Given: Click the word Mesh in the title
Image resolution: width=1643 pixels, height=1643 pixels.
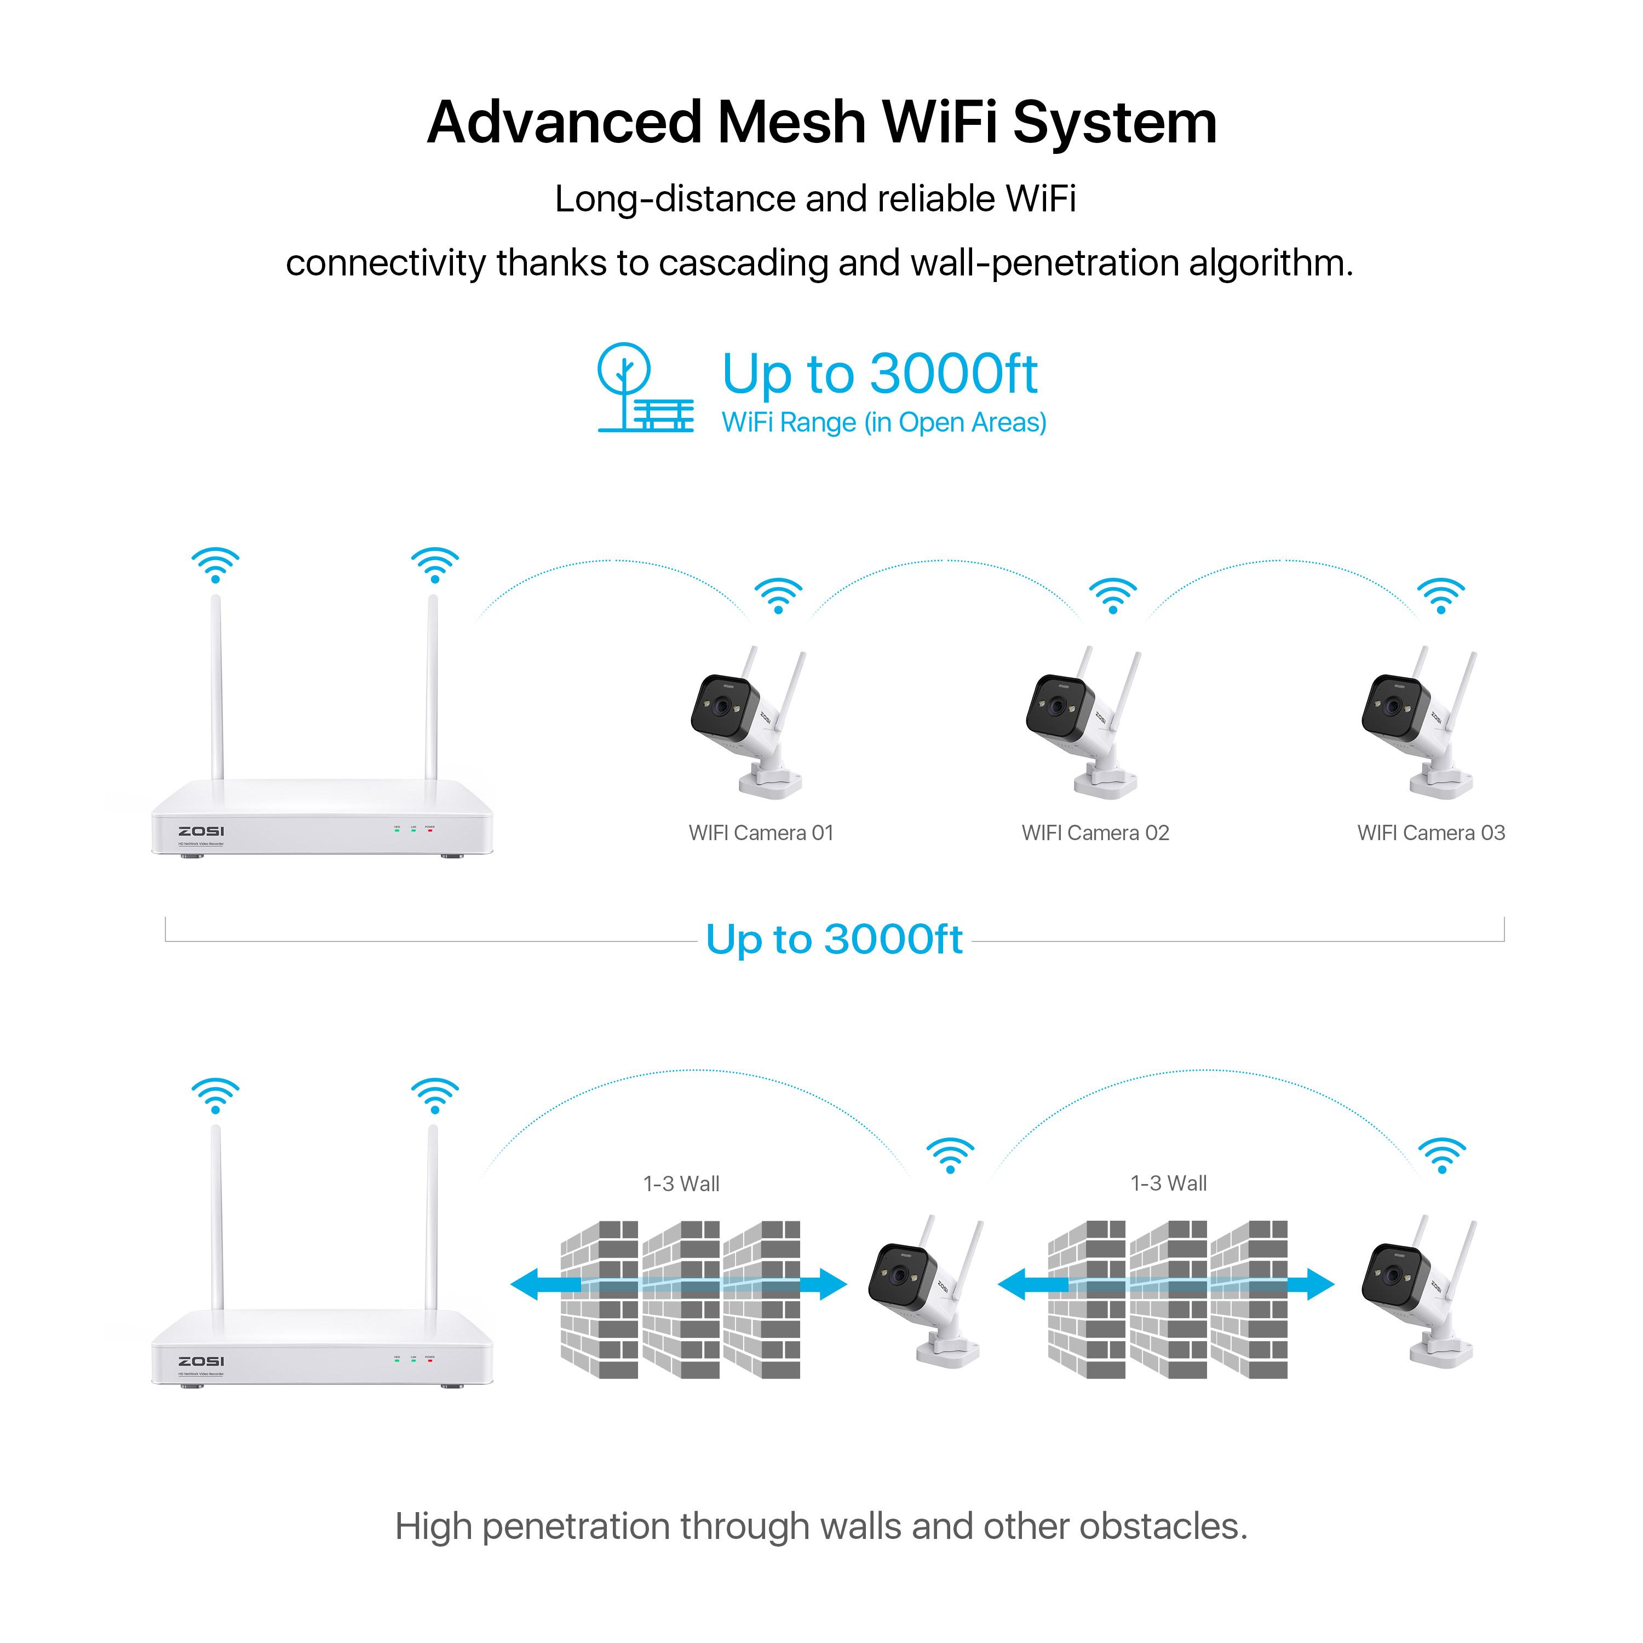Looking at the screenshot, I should coord(790,123).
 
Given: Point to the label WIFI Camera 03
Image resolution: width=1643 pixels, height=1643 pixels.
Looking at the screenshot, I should coord(1431,832).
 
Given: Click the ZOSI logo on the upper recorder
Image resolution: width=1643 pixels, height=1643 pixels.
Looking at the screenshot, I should coord(202,831).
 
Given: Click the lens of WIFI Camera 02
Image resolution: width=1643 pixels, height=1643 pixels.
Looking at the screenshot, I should coord(1057,706).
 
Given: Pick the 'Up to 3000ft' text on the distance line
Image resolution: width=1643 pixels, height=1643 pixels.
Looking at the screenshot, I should coord(834,940).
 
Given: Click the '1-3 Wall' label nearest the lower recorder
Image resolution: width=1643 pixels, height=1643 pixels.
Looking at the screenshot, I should coord(681,1183).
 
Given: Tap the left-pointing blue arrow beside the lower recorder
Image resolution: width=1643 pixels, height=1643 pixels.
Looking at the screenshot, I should coord(536,1284).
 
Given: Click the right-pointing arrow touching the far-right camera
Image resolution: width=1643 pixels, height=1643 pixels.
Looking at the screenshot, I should coord(1314,1284).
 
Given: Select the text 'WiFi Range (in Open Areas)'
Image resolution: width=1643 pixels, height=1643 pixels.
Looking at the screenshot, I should coord(883,423).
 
